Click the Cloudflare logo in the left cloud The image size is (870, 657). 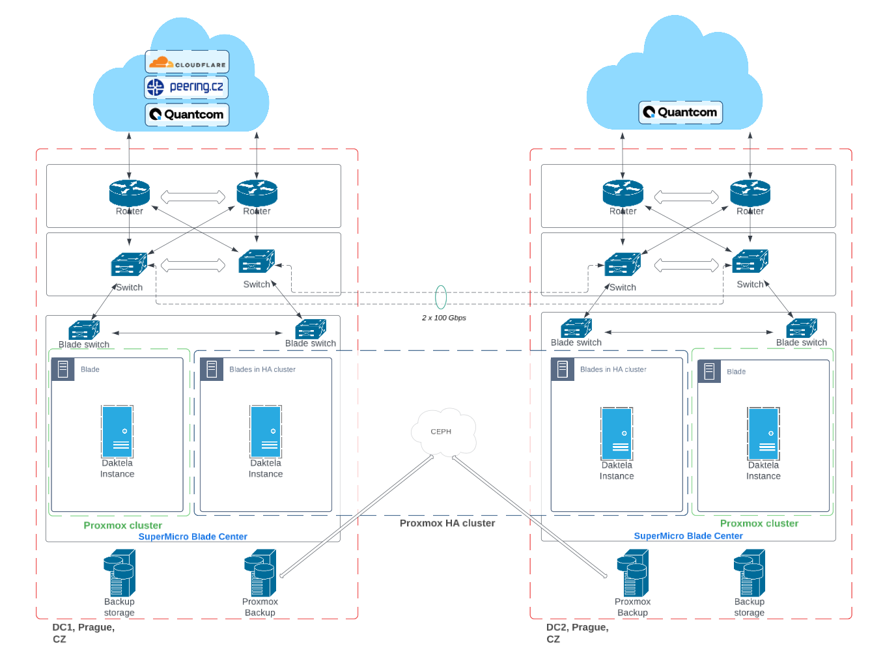pos(187,63)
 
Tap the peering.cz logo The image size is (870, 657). pos(187,87)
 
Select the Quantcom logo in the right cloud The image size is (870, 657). pos(681,112)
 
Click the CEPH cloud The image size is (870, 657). pos(443,432)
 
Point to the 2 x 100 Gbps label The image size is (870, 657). pos(443,318)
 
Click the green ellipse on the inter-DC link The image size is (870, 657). pos(441,297)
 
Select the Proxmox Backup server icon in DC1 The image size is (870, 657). pos(260,573)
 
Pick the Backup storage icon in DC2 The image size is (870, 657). pos(750,573)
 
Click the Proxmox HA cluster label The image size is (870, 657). pos(447,523)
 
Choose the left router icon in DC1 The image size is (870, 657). pos(130,193)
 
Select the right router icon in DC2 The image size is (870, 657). pos(750,193)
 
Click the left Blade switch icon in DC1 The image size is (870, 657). pos(84,329)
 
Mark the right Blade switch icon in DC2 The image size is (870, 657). pos(802,328)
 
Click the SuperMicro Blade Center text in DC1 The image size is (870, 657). pos(193,537)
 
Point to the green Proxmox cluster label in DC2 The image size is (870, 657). pos(759,524)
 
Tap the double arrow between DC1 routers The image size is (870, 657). pos(193,197)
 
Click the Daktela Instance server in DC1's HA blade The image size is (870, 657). pos(266,432)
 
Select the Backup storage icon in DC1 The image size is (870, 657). pos(120,573)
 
